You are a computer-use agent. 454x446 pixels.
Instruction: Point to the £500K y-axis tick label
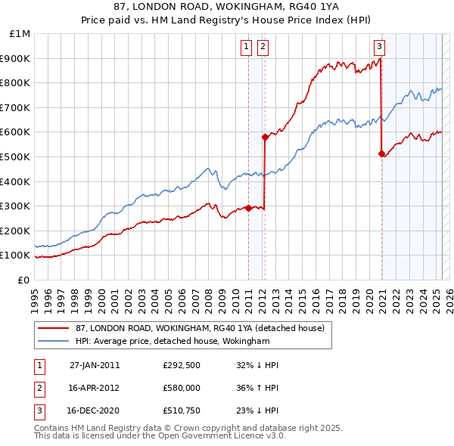coord(17,156)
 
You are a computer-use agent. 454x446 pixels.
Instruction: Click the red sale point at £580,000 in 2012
coord(265,137)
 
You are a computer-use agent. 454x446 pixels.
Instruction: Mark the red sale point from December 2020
coord(381,154)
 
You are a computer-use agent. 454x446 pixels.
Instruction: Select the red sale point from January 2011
coord(248,208)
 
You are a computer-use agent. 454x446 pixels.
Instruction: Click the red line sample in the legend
coord(54,328)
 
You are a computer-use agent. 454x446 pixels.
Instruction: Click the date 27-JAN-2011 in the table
coord(95,365)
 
